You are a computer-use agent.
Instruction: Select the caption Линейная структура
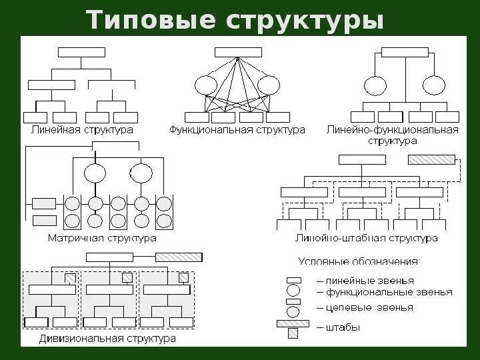tap(82, 130)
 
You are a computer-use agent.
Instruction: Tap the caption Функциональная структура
tap(237, 130)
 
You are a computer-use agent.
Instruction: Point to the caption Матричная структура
tap(102, 238)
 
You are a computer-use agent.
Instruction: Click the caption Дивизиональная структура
tap(107, 339)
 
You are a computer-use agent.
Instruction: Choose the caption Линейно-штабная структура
tap(367, 238)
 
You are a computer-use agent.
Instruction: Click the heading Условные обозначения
tap(359, 261)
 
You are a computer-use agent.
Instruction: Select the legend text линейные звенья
tap(365, 281)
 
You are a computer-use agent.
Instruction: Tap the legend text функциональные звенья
tap(385, 293)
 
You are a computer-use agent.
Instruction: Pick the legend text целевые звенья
tap(365, 307)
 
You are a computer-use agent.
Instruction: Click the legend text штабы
tap(338, 327)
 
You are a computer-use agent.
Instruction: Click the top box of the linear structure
tap(82, 53)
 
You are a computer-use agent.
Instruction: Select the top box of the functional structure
tap(238, 53)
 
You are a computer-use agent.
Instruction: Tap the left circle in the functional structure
tap(206, 85)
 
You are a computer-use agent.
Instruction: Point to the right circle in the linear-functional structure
tap(434, 85)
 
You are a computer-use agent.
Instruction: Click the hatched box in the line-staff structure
tap(431, 160)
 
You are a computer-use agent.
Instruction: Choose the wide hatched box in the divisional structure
tap(179, 257)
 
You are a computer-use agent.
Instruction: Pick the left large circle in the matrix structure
tap(95, 173)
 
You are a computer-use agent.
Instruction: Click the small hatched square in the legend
tap(293, 333)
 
